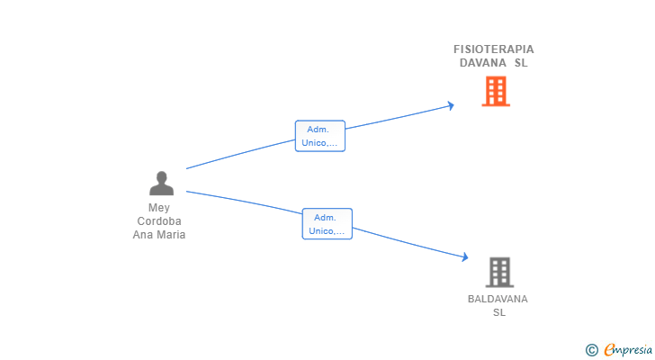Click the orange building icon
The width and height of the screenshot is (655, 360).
point(495,91)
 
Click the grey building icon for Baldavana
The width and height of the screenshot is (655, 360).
point(499,272)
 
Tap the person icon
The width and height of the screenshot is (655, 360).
point(161,184)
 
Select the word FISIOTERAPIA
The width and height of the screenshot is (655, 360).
point(493,49)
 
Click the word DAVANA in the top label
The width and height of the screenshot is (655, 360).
point(478,63)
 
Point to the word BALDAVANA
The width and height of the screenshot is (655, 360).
point(498,299)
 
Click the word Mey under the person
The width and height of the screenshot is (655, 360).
point(159,208)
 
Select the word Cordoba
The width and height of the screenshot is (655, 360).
point(159,221)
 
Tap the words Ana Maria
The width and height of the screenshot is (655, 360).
point(159,235)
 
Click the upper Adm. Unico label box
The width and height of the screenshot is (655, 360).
point(320,136)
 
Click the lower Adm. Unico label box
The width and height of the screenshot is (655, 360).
point(327,224)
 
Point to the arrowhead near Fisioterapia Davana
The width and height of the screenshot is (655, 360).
point(451,106)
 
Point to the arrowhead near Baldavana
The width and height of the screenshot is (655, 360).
point(464,258)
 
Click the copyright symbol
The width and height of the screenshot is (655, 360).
point(591,350)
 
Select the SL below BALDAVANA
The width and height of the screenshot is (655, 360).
point(499,312)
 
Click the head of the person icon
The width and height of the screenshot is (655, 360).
point(161,177)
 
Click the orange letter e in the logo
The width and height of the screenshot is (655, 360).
point(609,350)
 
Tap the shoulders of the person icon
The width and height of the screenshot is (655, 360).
point(161,190)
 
